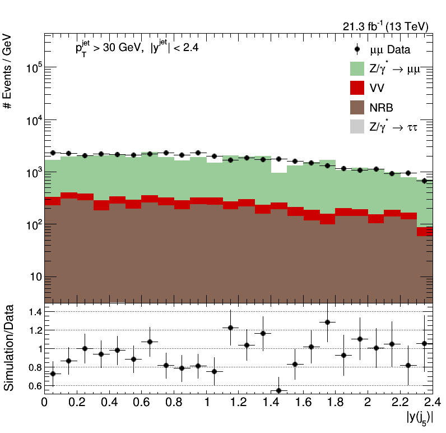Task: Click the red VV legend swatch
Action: [357, 87]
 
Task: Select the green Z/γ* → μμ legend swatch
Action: [357, 68]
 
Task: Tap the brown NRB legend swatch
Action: [357, 107]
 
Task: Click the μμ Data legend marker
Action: [357, 49]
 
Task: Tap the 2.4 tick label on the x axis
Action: [432, 402]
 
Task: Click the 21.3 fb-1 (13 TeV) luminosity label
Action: [385, 26]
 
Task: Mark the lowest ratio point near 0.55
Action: [279, 390]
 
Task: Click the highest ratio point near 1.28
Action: [328, 322]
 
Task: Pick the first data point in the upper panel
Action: [53, 153]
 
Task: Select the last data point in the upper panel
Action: [425, 181]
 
